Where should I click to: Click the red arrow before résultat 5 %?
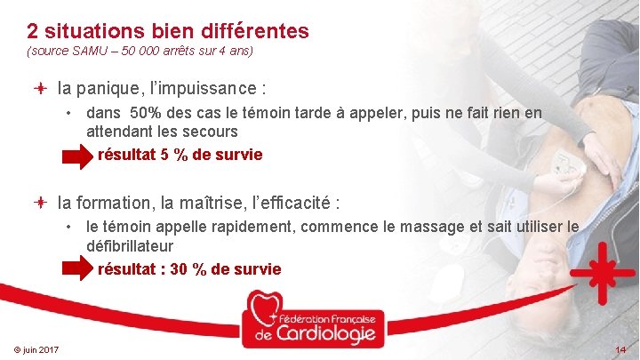(77, 155)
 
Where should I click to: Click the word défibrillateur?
(130, 245)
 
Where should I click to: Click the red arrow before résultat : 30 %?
(77, 268)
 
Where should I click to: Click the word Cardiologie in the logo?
(328, 334)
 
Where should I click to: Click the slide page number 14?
(620, 349)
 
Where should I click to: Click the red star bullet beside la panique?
(41, 89)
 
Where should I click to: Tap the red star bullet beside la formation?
(41, 203)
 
